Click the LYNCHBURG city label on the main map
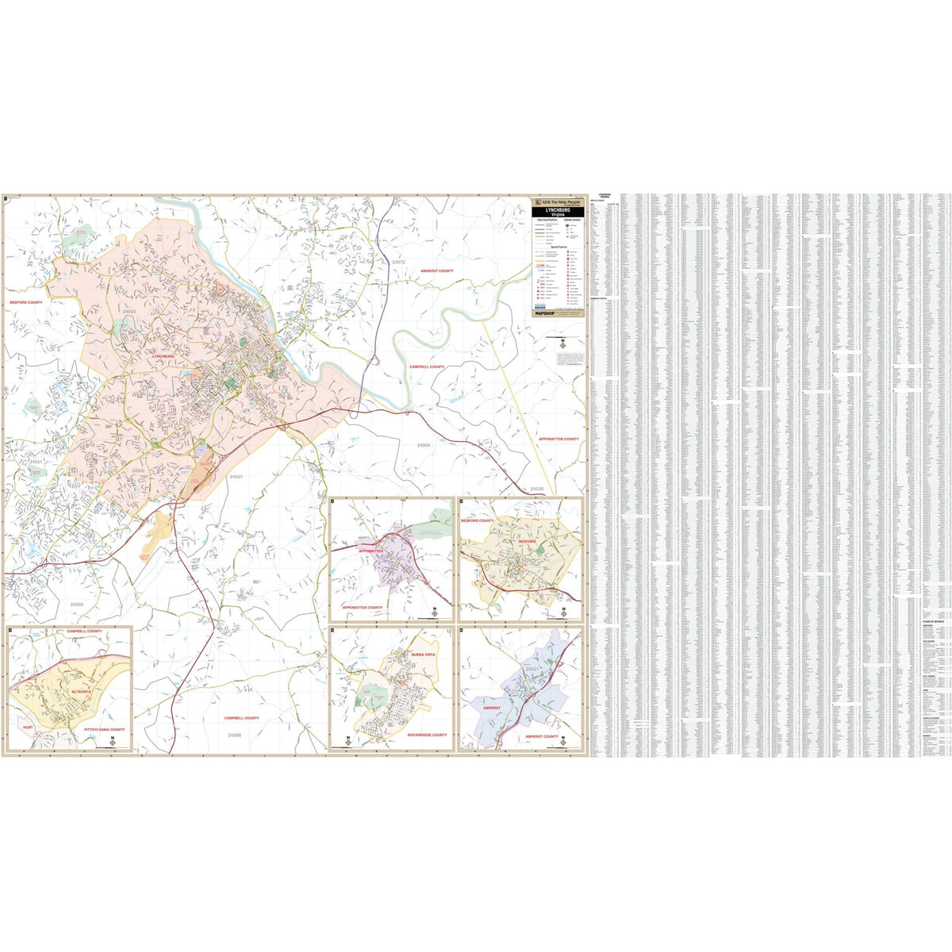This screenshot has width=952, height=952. coord(163,357)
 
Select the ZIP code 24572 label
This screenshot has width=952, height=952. coord(398,262)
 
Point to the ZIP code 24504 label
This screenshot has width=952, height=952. coord(424,445)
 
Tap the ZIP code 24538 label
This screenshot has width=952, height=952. coord(537,489)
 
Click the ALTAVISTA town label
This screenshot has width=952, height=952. coord(81,692)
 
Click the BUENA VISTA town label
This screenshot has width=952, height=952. coord(424,654)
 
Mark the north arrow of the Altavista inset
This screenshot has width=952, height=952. coord(113,741)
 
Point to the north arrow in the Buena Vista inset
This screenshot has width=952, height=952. coord(347,741)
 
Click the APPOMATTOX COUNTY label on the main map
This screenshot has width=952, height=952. coord(559,439)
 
